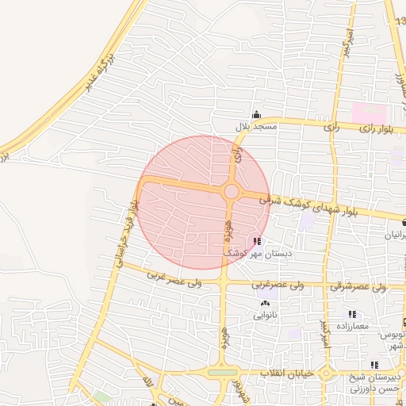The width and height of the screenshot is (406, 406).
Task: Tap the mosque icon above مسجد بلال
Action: (255, 115)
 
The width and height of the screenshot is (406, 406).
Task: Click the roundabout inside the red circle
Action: (232, 191)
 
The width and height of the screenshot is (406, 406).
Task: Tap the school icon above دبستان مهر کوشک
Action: (256, 242)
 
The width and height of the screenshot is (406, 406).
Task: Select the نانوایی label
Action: (264, 315)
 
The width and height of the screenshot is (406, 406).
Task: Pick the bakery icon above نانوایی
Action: (264, 303)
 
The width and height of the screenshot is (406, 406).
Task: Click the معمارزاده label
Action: (352, 327)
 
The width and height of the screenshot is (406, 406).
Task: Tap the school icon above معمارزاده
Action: (352, 315)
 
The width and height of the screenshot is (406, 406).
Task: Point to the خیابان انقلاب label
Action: (286, 372)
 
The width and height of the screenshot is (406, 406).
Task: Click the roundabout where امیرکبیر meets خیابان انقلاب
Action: (222, 373)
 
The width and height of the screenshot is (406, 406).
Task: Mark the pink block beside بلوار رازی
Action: (367, 112)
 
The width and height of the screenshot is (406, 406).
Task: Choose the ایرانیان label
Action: (394, 236)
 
